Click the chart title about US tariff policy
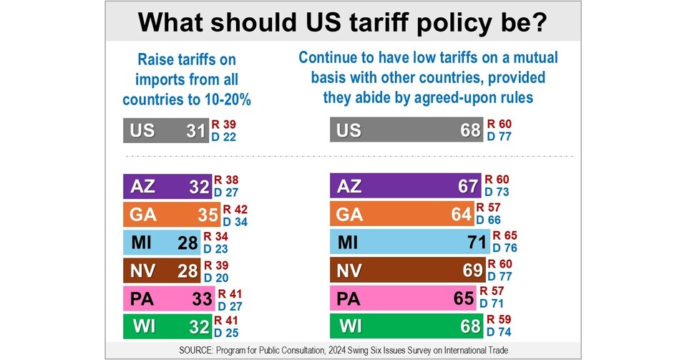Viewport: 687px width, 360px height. point(343,21)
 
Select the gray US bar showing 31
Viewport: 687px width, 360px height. point(167,131)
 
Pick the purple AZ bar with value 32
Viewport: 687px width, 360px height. point(167,187)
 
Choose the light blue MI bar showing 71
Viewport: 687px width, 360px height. point(410,241)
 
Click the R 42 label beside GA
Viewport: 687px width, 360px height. point(235,208)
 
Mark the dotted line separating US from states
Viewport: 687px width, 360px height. point(343,156)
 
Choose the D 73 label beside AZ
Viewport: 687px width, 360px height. point(499,193)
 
